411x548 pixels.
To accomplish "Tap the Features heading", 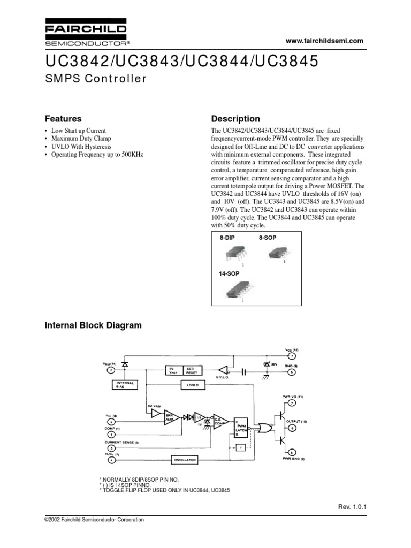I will (63, 119).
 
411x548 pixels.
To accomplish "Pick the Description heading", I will (235, 119).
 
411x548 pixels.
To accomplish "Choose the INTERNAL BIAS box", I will (124, 385).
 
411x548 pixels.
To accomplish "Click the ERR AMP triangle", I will (171, 417).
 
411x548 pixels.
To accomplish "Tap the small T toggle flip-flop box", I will (241, 447).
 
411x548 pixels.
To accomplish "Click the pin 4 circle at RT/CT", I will (111, 460).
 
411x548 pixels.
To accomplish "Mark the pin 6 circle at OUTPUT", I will (291, 428).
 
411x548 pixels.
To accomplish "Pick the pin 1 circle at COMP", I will (111, 434).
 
